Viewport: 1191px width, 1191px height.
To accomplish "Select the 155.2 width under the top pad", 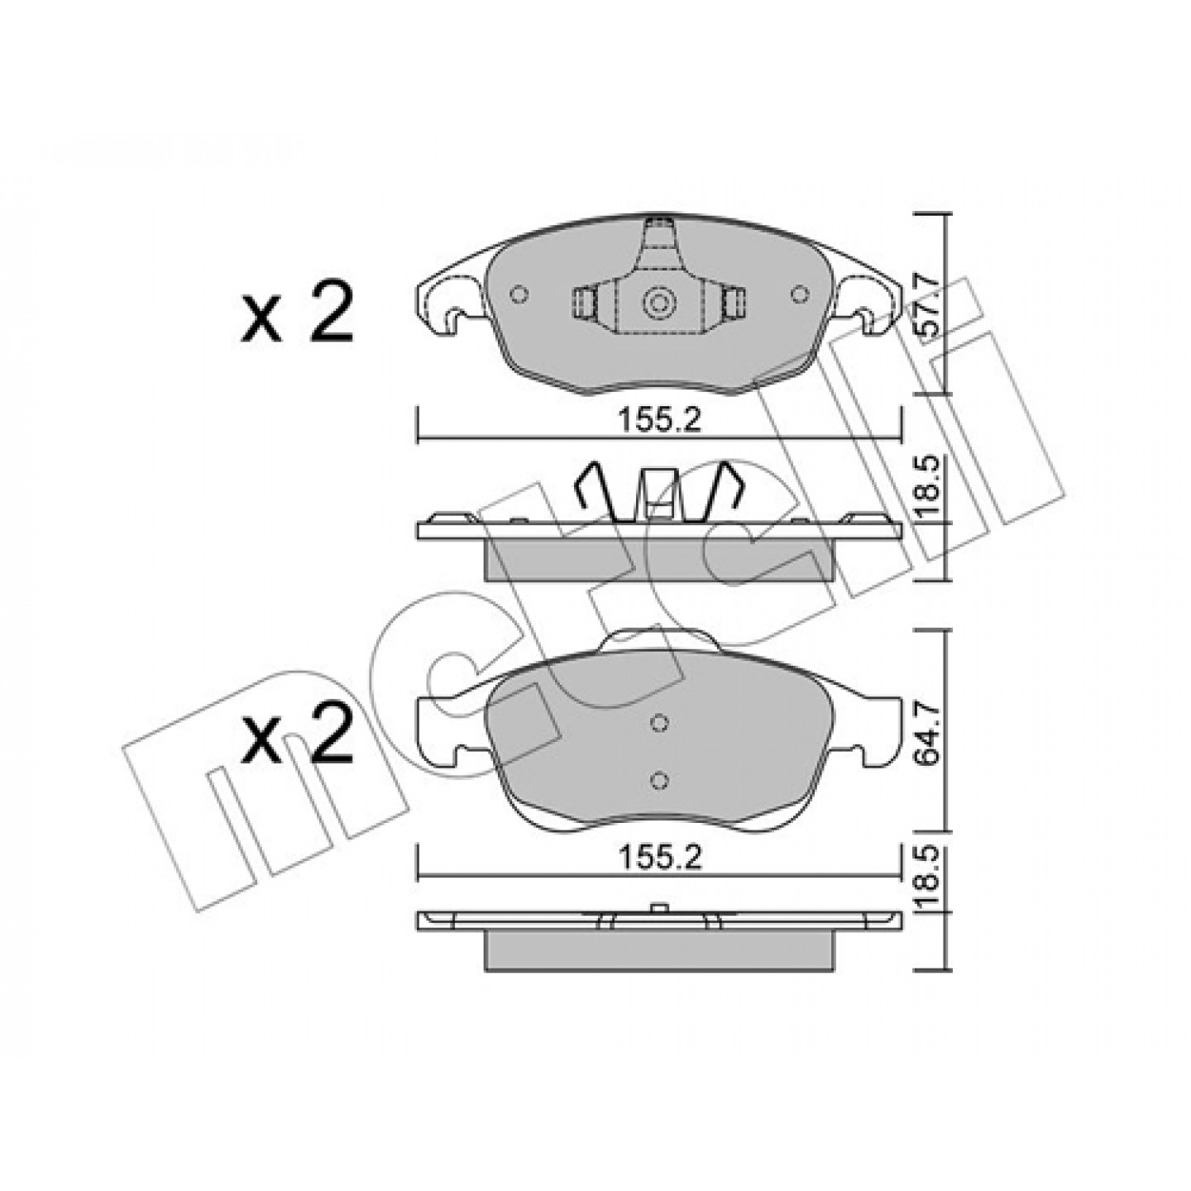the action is [659, 422].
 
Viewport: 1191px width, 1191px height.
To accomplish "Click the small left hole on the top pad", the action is [519, 294].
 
